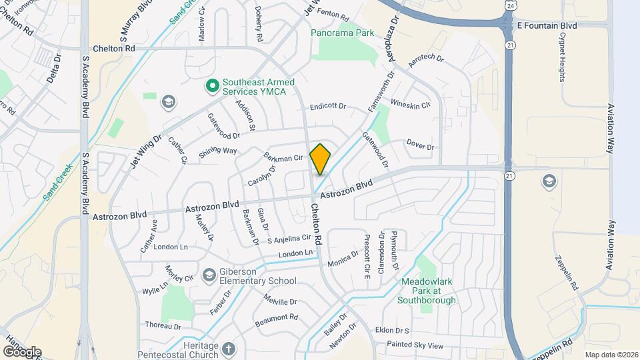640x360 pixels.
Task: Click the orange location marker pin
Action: tap(321, 159)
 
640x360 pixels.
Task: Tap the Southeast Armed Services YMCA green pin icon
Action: tap(212, 85)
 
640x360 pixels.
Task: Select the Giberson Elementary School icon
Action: tap(209, 275)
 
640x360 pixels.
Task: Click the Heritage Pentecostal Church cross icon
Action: tap(228, 349)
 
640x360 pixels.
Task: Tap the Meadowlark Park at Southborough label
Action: tap(427, 291)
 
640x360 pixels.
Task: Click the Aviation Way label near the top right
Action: tap(609, 129)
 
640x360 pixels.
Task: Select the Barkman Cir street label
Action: tap(284, 157)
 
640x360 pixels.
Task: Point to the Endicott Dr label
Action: tap(328, 106)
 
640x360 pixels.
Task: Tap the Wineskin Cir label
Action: tap(410, 105)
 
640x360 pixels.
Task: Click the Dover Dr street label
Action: tap(420, 146)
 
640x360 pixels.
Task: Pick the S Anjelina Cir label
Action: tap(289, 238)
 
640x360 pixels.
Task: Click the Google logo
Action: tap(22, 351)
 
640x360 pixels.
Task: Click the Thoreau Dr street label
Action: tap(163, 325)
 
